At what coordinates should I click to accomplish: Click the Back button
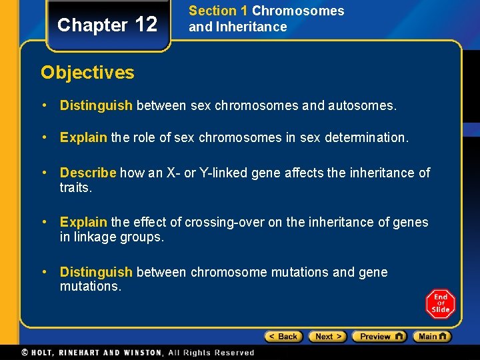click(x=283, y=337)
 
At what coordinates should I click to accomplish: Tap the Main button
click(x=431, y=337)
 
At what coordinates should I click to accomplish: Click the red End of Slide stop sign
click(x=440, y=304)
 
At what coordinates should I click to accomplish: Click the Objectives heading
click(x=87, y=73)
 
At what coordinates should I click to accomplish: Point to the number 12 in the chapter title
click(x=146, y=25)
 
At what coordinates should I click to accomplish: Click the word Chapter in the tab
click(x=92, y=25)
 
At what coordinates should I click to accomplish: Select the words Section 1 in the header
click(x=218, y=11)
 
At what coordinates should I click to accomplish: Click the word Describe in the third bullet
click(x=88, y=173)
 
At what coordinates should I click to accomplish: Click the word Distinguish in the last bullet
click(x=96, y=273)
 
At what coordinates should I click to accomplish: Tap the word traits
click(x=75, y=187)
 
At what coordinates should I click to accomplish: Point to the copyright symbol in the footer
click(x=25, y=353)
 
